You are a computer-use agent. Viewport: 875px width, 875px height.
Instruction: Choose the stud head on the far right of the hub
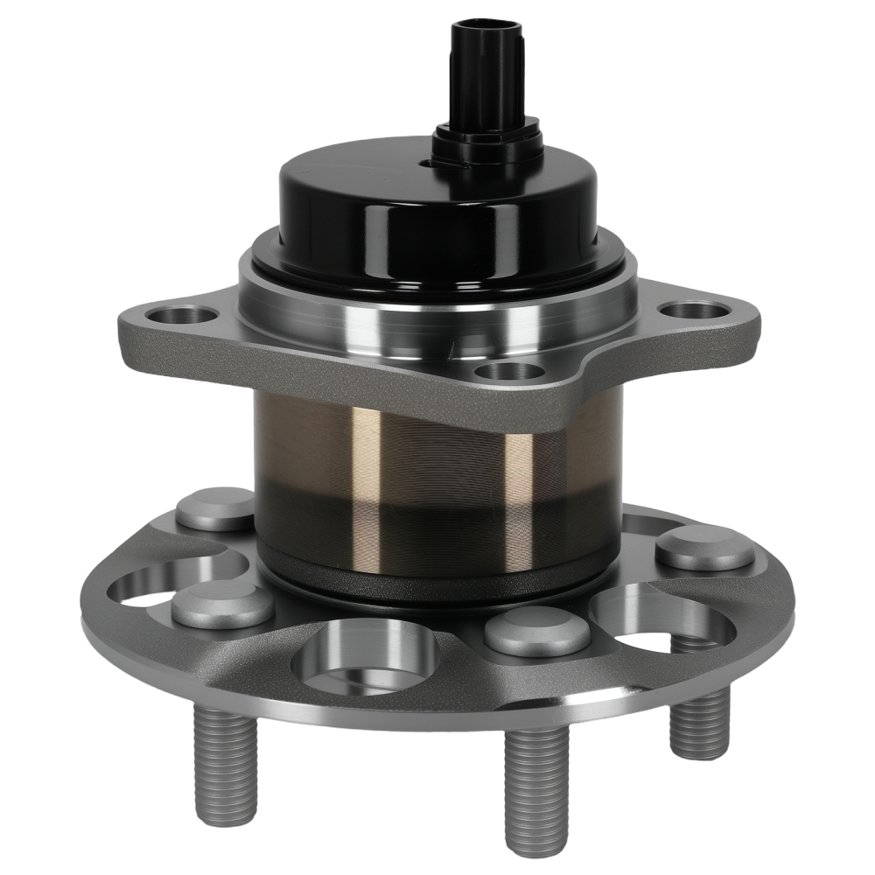tap(703, 549)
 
